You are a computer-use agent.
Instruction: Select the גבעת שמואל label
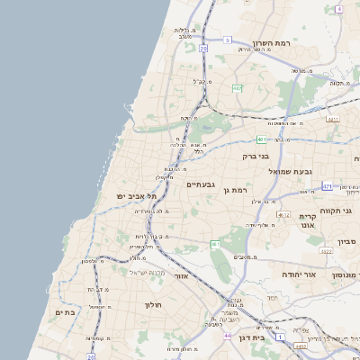(288, 170)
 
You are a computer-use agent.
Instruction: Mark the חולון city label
(151, 305)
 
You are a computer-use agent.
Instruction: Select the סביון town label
(347, 241)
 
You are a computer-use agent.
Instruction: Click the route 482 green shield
(237, 88)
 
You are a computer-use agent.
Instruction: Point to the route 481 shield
(260, 139)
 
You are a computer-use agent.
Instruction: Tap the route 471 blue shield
(327, 187)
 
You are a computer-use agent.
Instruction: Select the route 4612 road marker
(283, 215)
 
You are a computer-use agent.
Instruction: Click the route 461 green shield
(215, 244)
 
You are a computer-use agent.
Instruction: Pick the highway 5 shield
(228, 40)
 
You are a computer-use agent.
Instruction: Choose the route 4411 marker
(333, 118)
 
